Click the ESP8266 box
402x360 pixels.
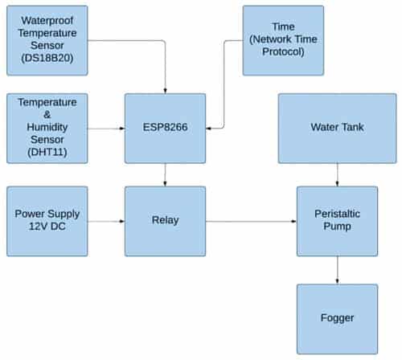(165, 128)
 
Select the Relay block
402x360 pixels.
(165, 221)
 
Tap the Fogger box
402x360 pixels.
(337, 318)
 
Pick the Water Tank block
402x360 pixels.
(337, 128)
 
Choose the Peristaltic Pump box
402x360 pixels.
(337, 221)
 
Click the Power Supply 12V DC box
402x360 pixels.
(47, 221)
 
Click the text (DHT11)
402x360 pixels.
(47, 152)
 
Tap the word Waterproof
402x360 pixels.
(47, 19)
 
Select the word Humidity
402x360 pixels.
(47, 127)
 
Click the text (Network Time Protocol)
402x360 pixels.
(283, 47)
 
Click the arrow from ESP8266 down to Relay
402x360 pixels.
(165, 174)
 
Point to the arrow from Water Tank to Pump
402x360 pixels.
(337, 174)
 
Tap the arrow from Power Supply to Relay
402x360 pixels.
(106, 221)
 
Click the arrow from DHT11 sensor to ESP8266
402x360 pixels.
(106, 128)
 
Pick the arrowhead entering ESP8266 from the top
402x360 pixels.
(165, 89)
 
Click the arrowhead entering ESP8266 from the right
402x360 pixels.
(210, 128)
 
